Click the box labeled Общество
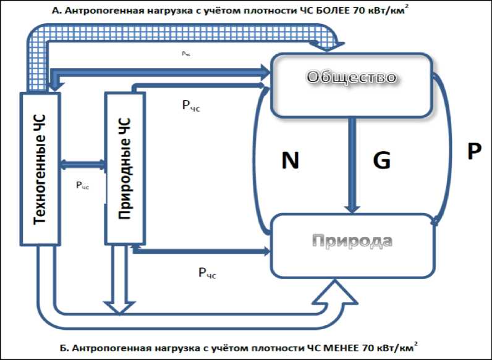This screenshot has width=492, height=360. [x=351, y=85]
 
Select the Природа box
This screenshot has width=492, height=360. [x=351, y=245]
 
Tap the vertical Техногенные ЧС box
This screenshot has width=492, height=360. [x=40, y=169]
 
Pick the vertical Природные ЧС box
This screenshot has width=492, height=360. [x=125, y=168]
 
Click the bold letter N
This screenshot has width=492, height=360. [x=290, y=161]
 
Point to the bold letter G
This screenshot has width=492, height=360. [x=382, y=161]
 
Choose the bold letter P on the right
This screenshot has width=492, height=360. [x=473, y=152]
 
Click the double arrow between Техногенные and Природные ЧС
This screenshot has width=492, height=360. [x=82, y=164]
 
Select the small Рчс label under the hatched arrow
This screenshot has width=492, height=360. [x=186, y=54]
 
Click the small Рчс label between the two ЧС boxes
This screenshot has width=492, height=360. [x=82, y=185]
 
